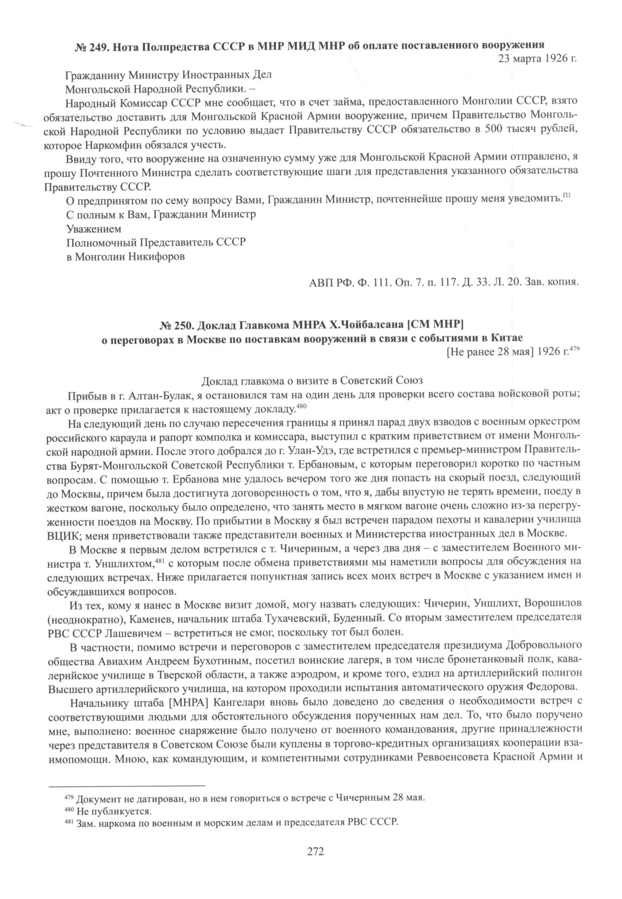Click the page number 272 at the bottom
(x=315, y=851)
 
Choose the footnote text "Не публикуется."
(x=113, y=812)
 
